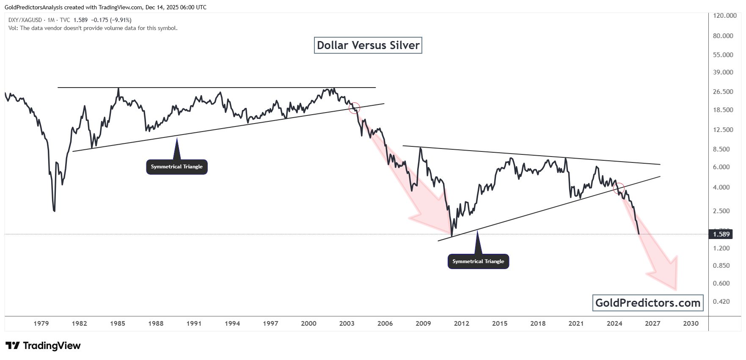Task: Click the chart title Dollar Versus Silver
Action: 368,45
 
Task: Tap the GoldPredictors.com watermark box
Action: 647,303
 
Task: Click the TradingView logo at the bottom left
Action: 43,346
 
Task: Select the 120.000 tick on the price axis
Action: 724,16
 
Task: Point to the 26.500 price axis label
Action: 723,92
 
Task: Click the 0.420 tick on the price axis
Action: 721,302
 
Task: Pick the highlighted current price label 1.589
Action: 721,234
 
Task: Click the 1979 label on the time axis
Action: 41,324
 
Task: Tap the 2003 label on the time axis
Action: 347,324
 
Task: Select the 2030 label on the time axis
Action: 691,324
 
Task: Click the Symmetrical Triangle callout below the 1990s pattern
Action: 177,167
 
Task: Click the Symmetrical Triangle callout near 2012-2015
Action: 478,261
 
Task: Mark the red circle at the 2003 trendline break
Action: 354,108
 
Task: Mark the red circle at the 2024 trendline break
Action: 619,187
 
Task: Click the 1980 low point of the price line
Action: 55,211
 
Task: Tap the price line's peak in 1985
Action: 118,88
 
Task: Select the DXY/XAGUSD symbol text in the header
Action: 25,20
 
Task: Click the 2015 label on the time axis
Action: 500,324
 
